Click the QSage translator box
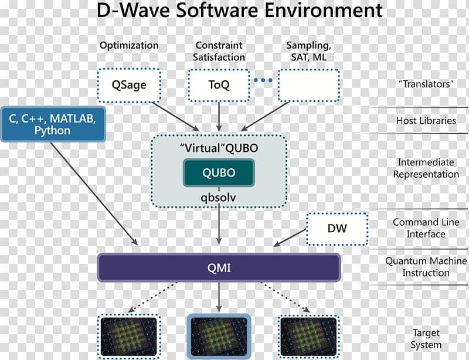[x=129, y=85]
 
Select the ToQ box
[x=219, y=85]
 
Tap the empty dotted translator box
[x=309, y=85]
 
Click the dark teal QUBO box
[x=219, y=172]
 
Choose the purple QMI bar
[x=219, y=267]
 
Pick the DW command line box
[x=337, y=229]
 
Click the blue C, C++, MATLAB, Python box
[x=53, y=124]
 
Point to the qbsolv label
[x=218, y=197]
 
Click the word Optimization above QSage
[x=129, y=45]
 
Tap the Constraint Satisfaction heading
[x=219, y=51]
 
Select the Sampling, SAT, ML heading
[x=309, y=51]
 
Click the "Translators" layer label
[x=426, y=84]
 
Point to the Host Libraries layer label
[x=426, y=121]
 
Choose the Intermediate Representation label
[x=426, y=168]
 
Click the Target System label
[x=426, y=339]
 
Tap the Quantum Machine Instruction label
[x=426, y=267]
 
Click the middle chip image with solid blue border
[x=219, y=337]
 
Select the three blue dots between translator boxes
[x=263, y=80]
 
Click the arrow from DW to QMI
[x=290, y=238]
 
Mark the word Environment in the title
[x=324, y=10]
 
